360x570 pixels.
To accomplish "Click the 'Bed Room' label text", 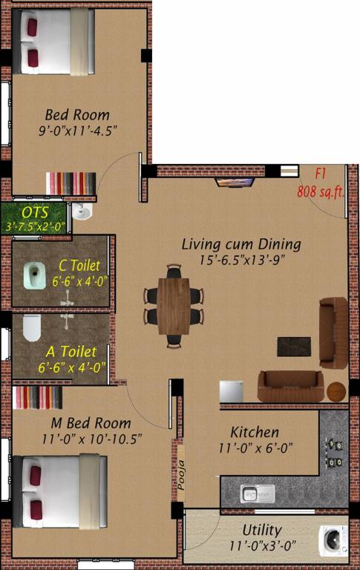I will (77, 115).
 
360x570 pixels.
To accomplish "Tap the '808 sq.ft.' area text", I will (319, 191).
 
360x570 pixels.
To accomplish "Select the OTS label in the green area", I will (35, 213).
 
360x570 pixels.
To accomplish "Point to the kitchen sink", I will (257, 493).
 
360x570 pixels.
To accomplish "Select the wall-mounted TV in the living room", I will (235, 181).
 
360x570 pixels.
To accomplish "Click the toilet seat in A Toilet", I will (30, 328).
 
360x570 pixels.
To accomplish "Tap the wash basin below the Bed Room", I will (82, 214).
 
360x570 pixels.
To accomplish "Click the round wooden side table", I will (337, 390).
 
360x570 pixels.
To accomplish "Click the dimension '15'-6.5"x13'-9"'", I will (241, 260).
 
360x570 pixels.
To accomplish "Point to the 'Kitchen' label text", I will (255, 432).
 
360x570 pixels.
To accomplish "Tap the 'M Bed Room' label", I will (76, 423).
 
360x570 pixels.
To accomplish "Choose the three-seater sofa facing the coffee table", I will (290, 384).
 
